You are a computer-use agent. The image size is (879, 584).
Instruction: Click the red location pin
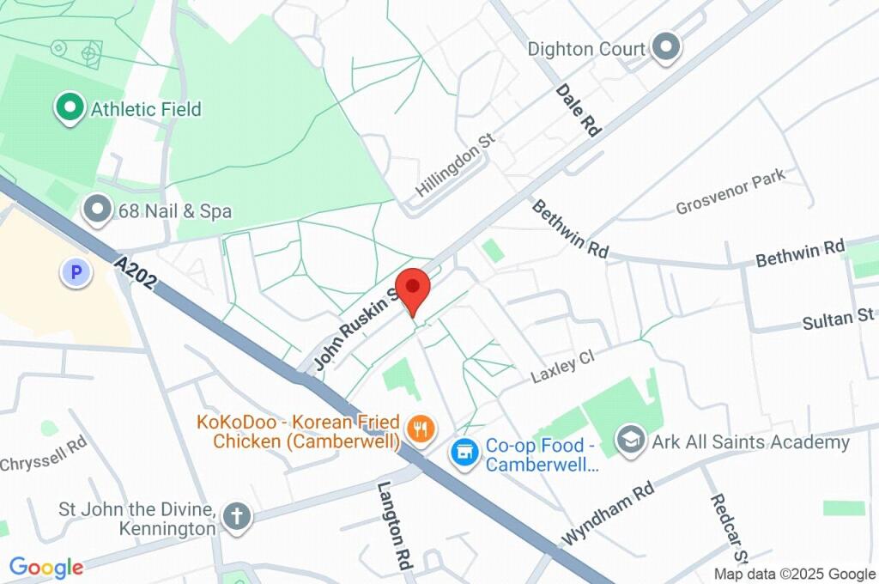pos(413,290)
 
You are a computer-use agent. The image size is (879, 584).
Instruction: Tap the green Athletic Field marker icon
pos(70,108)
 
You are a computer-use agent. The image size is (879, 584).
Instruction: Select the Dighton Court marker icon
pos(664,48)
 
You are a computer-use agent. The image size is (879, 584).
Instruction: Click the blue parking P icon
pos(76,273)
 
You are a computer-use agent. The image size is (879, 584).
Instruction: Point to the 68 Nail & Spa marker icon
pos(98,210)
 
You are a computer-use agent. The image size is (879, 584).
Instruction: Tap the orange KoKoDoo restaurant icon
pos(420,429)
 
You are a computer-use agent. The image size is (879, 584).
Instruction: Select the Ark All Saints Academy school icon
pos(633,441)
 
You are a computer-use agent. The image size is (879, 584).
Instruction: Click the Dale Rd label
pos(577,110)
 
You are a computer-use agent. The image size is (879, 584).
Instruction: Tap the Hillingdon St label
pos(456,164)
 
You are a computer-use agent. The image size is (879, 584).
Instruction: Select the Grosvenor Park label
pos(730,194)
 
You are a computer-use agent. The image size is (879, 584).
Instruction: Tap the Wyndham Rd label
pos(607,513)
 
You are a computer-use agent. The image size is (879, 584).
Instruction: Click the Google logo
pos(46,567)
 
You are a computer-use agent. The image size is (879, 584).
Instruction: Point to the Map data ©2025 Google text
pos(795,574)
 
